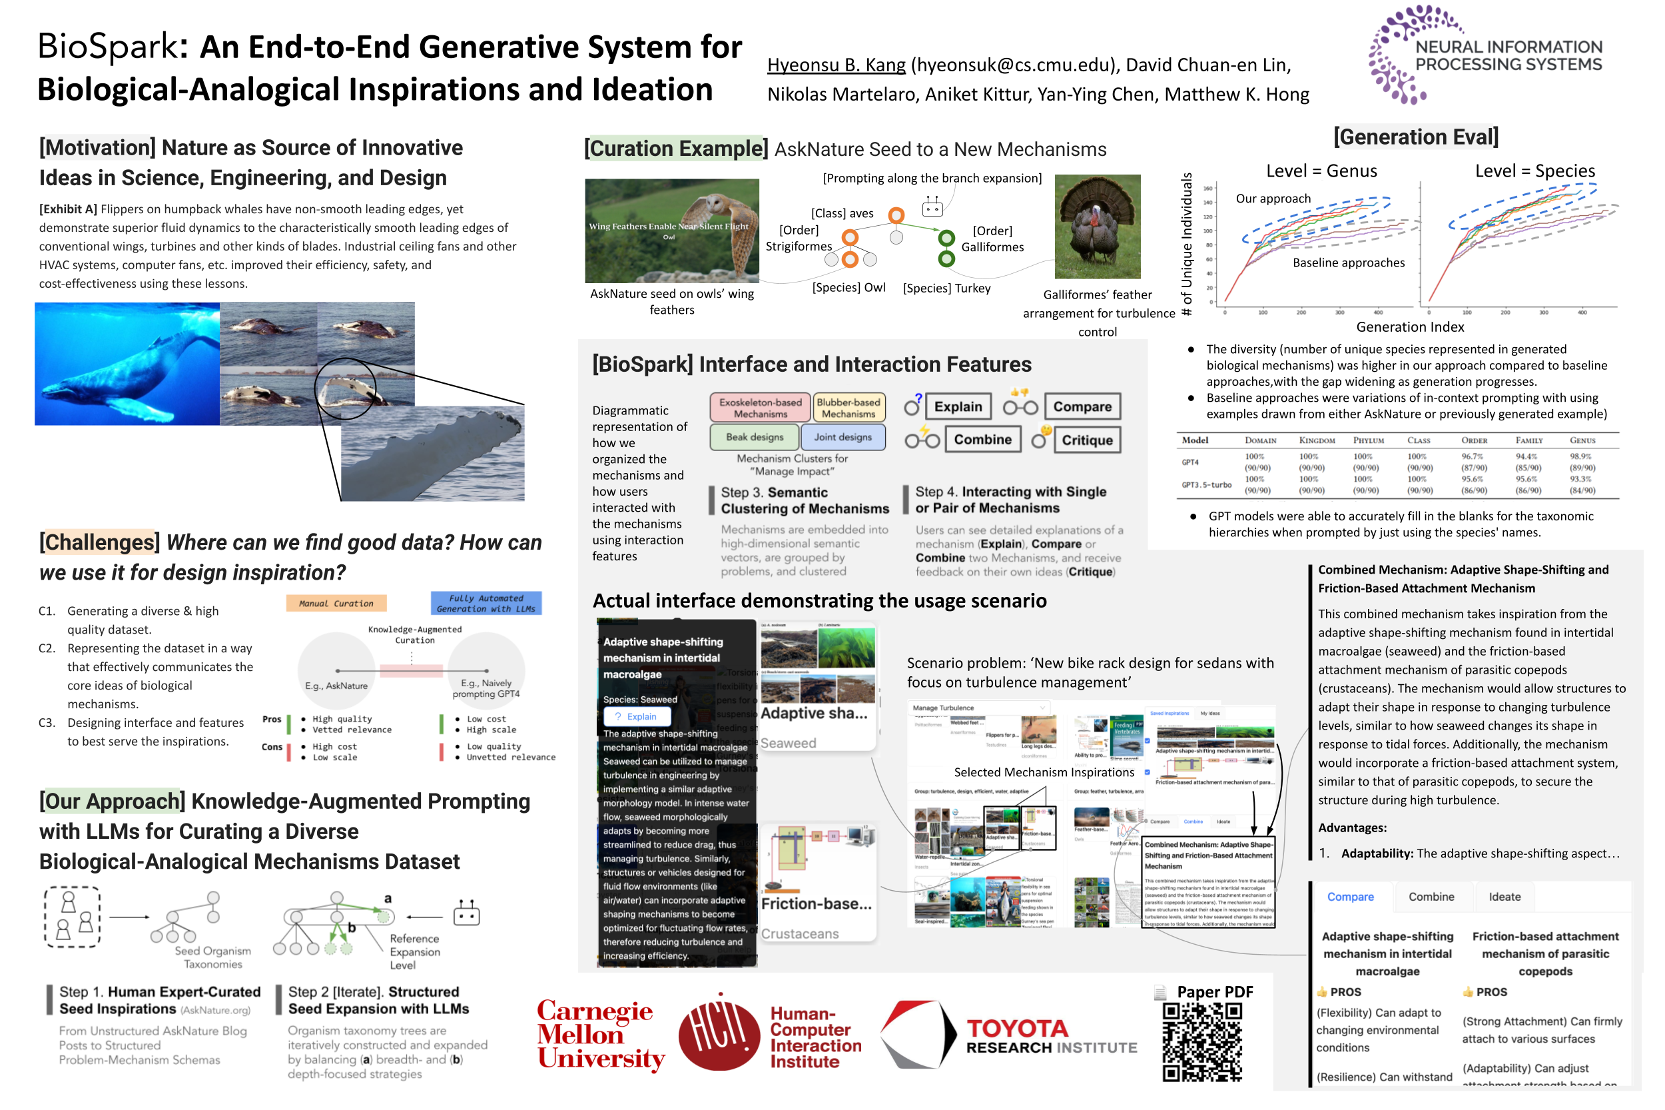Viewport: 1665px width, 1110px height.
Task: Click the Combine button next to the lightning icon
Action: [982, 439]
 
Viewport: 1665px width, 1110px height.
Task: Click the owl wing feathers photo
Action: [671, 230]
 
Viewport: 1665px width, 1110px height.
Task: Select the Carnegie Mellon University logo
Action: [600, 1034]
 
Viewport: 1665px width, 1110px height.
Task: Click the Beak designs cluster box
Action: [754, 437]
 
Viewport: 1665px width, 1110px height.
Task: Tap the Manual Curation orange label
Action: [336, 603]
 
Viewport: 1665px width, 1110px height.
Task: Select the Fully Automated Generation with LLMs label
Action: [486, 603]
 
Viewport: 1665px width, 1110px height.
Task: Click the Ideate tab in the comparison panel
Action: [1504, 896]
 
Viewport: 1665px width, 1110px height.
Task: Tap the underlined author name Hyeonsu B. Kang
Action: [836, 65]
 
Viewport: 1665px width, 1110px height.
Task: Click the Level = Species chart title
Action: [1534, 171]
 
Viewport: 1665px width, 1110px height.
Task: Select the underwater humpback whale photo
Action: [127, 364]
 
